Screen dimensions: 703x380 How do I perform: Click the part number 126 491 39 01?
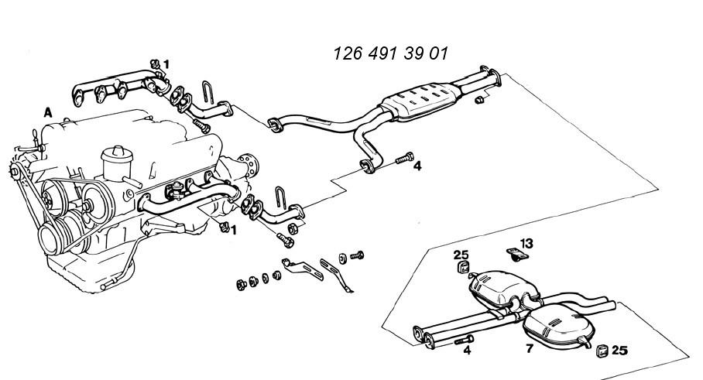coord(390,53)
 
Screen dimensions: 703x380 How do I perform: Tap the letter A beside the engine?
coord(48,112)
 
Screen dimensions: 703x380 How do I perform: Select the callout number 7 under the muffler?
coord(530,348)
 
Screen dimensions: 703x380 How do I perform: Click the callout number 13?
coord(526,243)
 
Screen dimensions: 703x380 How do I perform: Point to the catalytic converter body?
coord(420,101)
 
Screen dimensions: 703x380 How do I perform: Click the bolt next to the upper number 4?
coord(404,159)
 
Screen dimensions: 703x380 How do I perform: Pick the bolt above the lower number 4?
coord(464,340)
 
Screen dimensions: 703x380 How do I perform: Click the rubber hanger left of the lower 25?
coord(602,351)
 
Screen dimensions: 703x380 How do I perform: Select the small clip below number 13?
coord(517,255)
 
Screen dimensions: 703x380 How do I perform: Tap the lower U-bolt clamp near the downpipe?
coord(281,197)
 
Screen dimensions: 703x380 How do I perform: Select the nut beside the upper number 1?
coord(156,64)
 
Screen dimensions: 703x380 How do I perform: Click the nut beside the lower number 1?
coord(225,228)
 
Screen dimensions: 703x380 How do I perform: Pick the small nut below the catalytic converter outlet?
coord(479,100)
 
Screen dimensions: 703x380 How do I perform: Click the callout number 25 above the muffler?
coord(461,255)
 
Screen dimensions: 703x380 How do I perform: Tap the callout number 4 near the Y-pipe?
coord(417,166)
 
